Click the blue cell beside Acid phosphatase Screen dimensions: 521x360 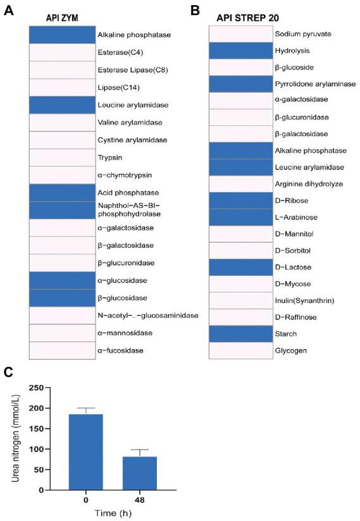point(61,192)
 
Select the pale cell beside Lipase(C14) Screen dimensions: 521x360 point(61,87)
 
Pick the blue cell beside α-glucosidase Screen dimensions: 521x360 point(61,279)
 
